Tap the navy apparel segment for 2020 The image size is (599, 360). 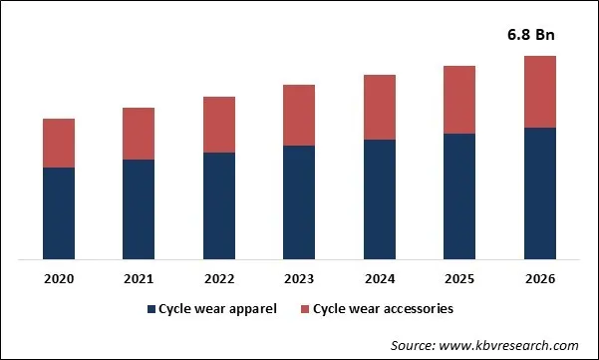tap(59, 213)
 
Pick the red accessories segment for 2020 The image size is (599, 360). tap(59, 143)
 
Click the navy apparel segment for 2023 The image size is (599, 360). tap(299, 202)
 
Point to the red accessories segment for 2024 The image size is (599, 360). tap(379, 107)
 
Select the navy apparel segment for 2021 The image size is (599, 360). tap(139, 209)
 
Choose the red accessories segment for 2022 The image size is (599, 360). tap(219, 125)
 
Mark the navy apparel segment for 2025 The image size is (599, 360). tap(459, 196)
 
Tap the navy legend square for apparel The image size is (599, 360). tap(151, 309)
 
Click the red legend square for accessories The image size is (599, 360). tap(305, 309)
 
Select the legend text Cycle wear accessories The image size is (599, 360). tap(383, 309)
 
